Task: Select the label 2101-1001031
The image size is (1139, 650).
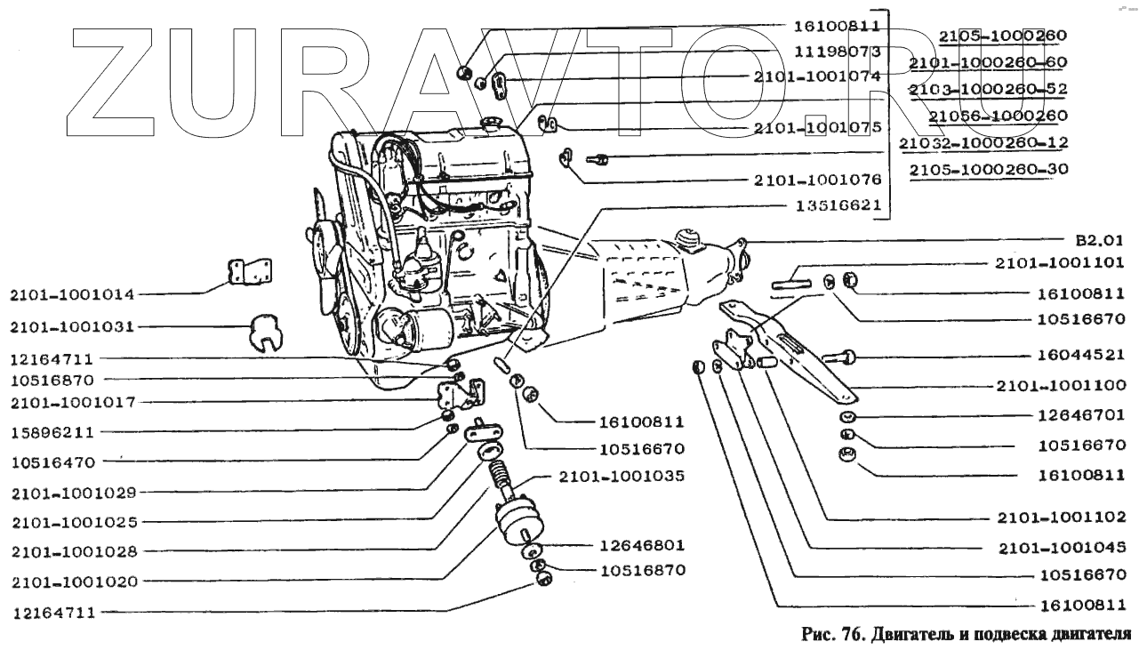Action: tap(73, 327)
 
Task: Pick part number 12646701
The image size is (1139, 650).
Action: tap(1081, 415)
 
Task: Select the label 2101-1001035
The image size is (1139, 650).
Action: tap(622, 477)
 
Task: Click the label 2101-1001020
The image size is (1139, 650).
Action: tap(75, 582)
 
